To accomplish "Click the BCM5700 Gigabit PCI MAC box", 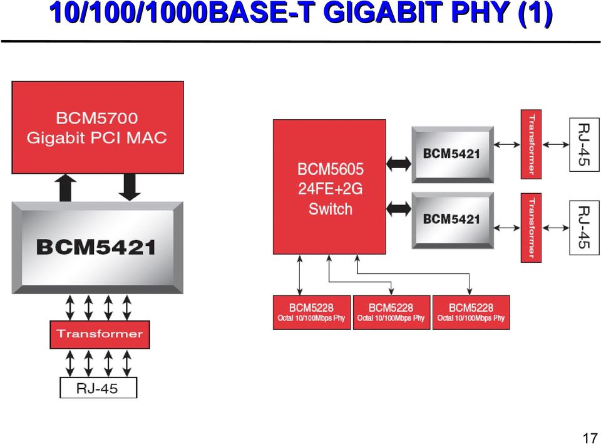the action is (98, 127).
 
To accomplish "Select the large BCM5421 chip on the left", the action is (98, 248).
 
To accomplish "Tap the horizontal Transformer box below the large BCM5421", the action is (100, 334).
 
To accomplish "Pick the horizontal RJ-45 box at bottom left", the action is (98, 388).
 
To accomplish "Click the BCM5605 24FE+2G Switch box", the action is (329, 187).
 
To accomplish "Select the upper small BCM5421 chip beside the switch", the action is (452, 154).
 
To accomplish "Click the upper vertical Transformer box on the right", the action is (531, 144).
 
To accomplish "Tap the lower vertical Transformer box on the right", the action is (531, 228).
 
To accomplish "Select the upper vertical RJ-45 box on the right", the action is (583, 144).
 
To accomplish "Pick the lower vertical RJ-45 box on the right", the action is (583, 228).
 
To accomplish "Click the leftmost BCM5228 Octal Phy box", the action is (312, 312).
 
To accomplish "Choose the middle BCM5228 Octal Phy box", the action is (391, 312).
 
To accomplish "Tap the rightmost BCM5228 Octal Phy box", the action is (471, 312).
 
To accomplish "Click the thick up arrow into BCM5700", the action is (66, 188).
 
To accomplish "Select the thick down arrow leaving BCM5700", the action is (130, 187).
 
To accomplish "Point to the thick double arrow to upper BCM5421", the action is (399, 164).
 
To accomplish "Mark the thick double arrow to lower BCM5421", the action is (399, 209).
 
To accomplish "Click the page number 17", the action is (590, 438).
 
